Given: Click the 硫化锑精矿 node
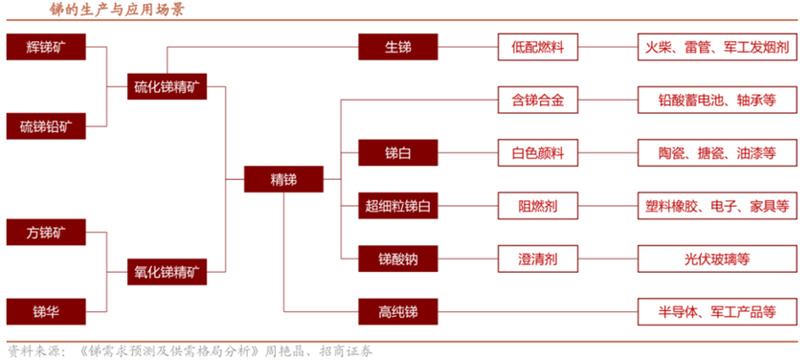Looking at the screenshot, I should click(168, 86).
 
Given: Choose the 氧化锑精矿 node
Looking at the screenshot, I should click(168, 271).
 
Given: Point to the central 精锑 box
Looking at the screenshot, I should click(283, 179).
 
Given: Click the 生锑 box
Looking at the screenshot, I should click(398, 46).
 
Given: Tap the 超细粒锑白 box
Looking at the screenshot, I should click(398, 205).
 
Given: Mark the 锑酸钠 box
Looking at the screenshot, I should click(398, 258).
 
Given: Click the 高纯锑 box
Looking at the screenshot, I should click(398, 311).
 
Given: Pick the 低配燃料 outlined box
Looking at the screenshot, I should click(539, 46).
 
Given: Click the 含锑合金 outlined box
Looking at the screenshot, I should click(539, 99).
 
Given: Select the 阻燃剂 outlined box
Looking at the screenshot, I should click(539, 205).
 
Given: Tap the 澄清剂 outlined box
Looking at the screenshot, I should click(539, 258).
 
